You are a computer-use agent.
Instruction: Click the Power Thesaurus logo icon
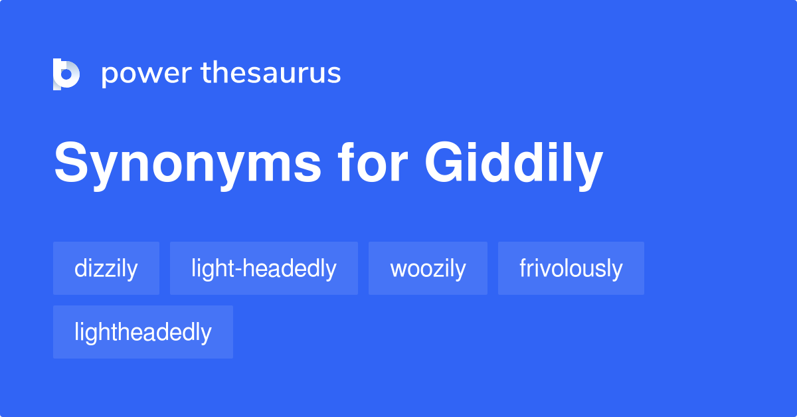[66, 74]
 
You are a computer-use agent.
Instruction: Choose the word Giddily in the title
[513, 164]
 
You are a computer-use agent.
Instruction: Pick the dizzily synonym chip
[106, 268]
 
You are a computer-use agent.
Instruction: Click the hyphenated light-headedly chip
[264, 268]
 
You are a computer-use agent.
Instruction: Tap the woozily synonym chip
[428, 268]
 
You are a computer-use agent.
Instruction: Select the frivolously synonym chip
[571, 268]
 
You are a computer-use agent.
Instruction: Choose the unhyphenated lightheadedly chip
[143, 332]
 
